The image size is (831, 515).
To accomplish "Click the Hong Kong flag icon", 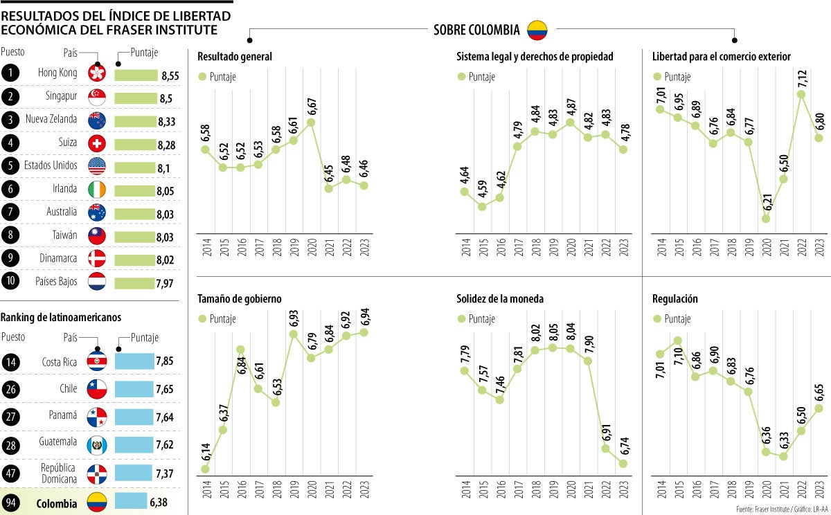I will pyautogui.click(x=97, y=73).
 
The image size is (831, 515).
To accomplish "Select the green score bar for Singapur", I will pyautogui.click(x=136, y=98).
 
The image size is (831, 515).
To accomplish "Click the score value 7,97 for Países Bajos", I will pyautogui.click(x=166, y=283).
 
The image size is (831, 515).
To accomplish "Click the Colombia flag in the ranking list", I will pyautogui.click(x=97, y=503).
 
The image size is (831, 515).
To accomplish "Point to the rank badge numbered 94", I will pyautogui.click(x=11, y=503).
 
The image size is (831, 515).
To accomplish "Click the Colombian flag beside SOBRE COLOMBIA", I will pyautogui.click(x=538, y=29).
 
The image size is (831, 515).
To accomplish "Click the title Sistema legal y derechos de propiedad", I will pyautogui.click(x=535, y=56).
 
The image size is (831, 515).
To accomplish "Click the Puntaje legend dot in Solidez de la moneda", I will pyautogui.click(x=461, y=319).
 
